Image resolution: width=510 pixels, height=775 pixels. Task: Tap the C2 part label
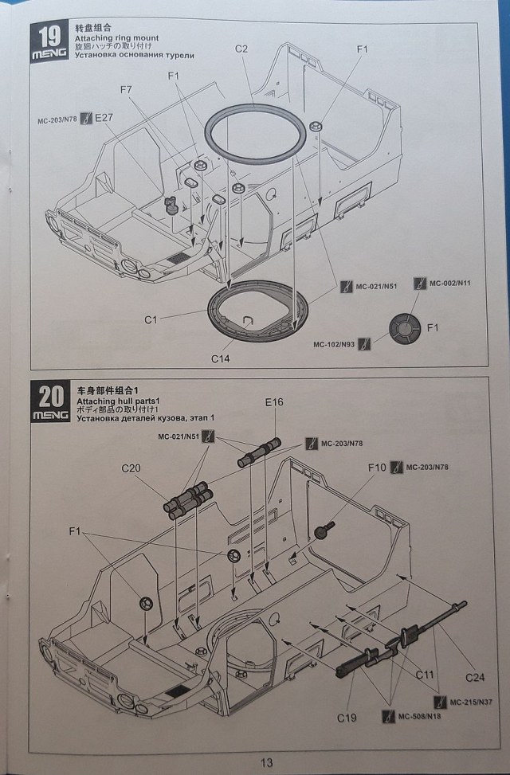click(x=241, y=49)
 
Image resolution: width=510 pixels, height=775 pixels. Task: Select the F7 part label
click(x=125, y=91)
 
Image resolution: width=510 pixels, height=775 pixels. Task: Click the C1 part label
click(x=152, y=319)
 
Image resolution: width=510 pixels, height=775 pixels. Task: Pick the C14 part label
click(x=222, y=358)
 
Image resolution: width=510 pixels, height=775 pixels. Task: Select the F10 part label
click(x=378, y=467)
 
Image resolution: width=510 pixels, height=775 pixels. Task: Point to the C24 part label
click(x=475, y=677)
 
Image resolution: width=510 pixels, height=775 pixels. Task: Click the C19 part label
click(x=347, y=718)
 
